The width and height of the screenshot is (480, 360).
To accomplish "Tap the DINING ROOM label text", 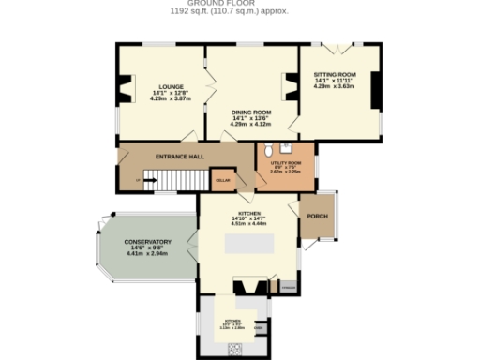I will click(x=250, y=112).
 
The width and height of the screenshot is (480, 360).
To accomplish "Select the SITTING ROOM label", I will click(x=334, y=74).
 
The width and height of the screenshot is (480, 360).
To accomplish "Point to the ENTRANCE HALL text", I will click(x=180, y=157).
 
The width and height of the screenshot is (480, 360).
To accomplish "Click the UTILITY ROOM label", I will click(x=284, y=162).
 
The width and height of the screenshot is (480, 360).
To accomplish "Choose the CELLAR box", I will click(x=223, y=180).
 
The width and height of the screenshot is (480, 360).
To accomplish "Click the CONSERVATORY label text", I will click(x=148, y=242).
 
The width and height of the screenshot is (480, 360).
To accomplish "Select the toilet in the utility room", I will click(x=268, y=149).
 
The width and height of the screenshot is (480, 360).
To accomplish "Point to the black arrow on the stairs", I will click(x=149, y=181).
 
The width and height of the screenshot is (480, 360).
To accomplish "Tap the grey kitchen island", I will click(x=248, y=245).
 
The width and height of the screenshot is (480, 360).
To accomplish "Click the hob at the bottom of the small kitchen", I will click(x=234, y=348).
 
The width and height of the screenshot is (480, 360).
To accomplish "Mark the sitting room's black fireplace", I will click(x=375, y=90).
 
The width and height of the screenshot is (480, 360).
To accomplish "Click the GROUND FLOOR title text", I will click(x=229, y=4).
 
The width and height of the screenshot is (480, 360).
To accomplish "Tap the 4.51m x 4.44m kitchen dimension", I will click(x=248, y=224).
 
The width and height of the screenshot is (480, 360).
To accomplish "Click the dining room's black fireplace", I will click(x=291, y=91).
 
